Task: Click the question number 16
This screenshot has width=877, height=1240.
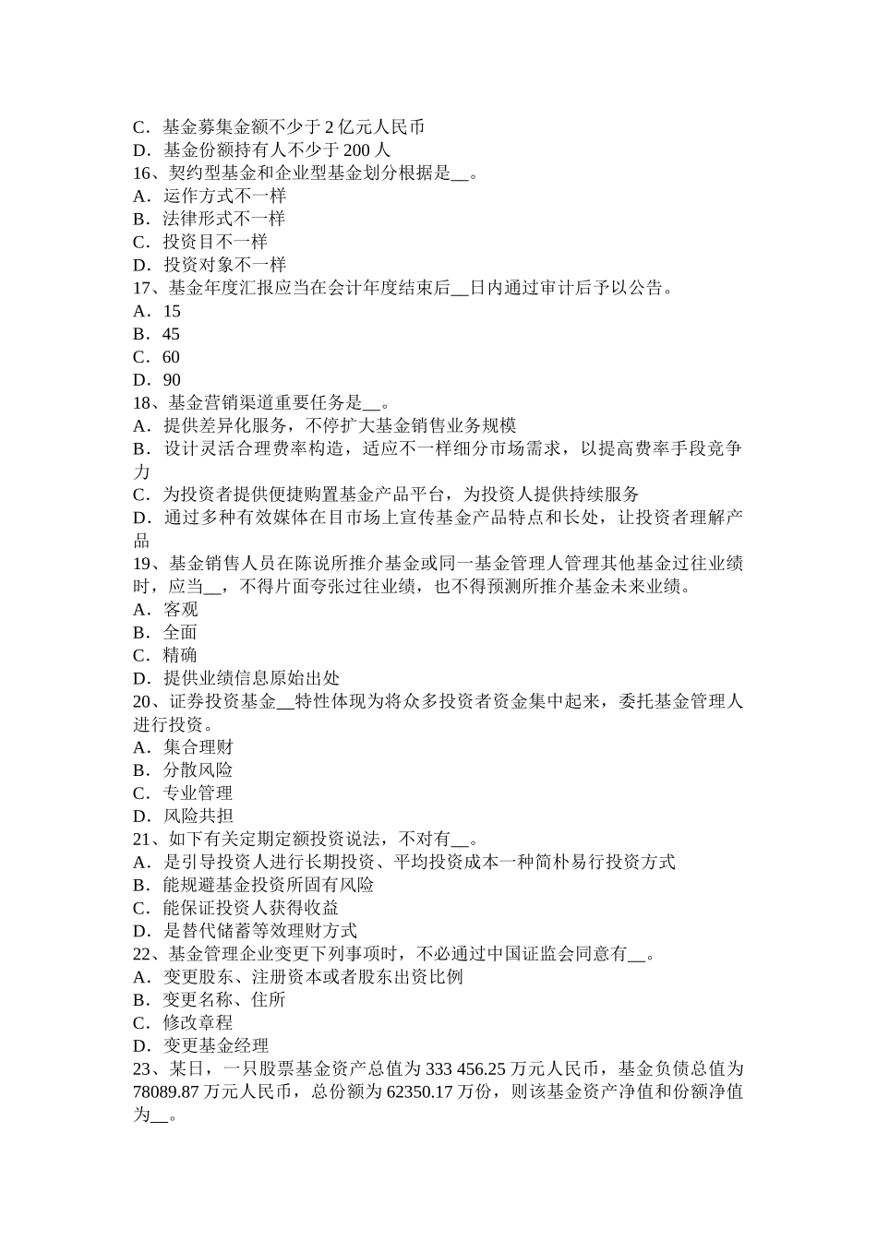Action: coord(143,173)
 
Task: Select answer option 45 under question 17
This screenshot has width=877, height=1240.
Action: coord(171,334)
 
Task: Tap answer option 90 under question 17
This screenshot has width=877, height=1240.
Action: coord(171,380)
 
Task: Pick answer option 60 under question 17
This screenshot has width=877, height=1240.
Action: coord(171,357)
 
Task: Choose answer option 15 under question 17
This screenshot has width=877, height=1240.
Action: coord(171,311)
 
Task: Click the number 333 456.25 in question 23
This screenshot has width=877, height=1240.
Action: coord(478,1069)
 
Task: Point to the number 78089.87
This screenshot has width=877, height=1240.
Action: coord(167,1092)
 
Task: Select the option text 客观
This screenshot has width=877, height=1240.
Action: coord(180,610)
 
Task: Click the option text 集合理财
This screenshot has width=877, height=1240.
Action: coord(198,747)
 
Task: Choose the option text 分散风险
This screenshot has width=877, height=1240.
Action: coord(198,770)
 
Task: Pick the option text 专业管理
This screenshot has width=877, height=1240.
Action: coord(198,793)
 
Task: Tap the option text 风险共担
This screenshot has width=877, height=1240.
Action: coord(198,817)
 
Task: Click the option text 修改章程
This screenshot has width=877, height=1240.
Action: coord(198,1023)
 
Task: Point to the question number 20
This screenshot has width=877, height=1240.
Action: coord(143,702)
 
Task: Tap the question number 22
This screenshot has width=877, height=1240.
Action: coord(143,954)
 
